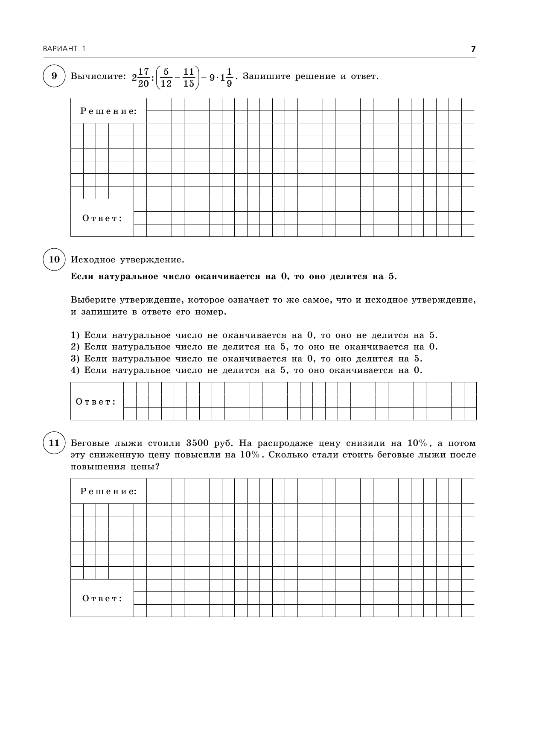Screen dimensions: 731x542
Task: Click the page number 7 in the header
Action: pos(473,49)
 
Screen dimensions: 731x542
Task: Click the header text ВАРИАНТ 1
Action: pos(64,49)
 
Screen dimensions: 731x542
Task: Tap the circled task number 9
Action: pos(54,76)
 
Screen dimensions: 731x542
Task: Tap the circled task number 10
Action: pos(54,259)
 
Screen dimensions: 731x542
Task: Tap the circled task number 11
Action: pos(54,443)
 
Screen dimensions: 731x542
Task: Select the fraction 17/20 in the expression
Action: pos(143,77)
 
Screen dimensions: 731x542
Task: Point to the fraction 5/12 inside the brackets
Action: pos(166,77)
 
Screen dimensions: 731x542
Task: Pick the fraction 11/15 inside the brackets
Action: pos(189,77)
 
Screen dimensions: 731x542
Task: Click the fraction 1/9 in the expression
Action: pos(229,77)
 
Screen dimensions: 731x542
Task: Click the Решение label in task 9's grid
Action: pos(109,111)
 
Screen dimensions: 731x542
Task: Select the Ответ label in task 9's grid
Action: pos(102,218)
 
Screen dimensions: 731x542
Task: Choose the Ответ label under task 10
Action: pos(96,402)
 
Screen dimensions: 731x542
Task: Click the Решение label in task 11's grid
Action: pos(109,491)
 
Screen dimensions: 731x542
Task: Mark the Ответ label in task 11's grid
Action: pos(102,598)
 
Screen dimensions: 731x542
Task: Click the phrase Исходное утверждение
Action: pos(127,259)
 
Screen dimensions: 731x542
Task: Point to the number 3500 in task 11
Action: pos(197,443)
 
